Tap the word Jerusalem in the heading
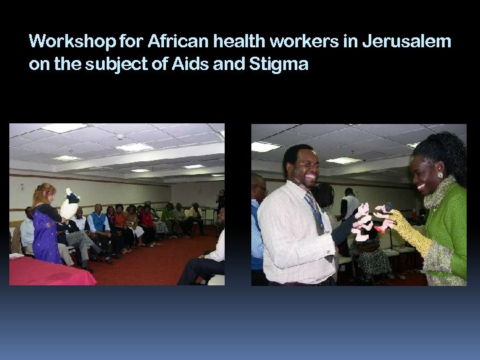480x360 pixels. (x=407, y=43)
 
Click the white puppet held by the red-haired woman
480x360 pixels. (x=69, y=205)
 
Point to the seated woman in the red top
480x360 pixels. (x=147, y=220)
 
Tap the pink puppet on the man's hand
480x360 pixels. (x=364, y=223)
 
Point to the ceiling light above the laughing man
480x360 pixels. (x=265, y=147)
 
